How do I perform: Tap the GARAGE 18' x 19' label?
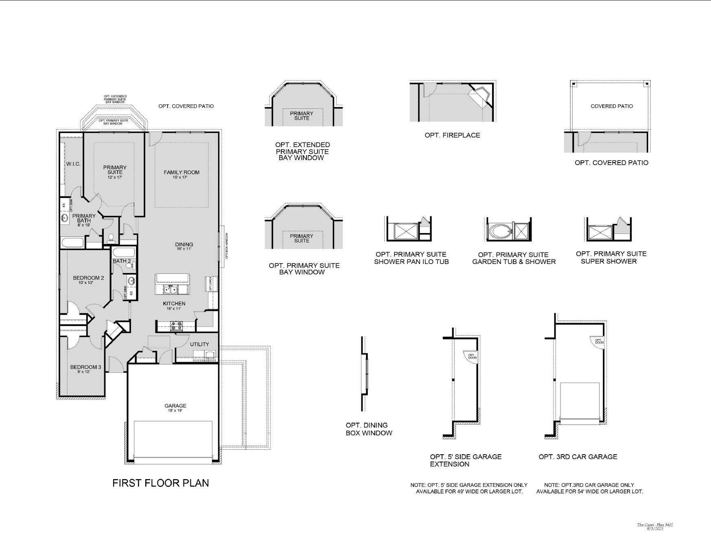[175, 407]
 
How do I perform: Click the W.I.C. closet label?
[74, 164]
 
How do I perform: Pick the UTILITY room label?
[199, 344]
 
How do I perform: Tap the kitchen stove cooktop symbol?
[176, 326]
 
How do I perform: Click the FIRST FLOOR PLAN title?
[160, 483]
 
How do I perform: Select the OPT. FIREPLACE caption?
[452, 135]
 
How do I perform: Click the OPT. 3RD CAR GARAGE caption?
[578, 457]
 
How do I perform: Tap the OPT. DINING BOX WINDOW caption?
[369, 429]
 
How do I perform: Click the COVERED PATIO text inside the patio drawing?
[611, 106]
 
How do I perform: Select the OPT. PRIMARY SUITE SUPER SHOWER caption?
[610, 257]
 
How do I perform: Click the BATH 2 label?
[122, 261]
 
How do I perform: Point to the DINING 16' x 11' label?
[184, 246]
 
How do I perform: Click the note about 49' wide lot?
[469, 488]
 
